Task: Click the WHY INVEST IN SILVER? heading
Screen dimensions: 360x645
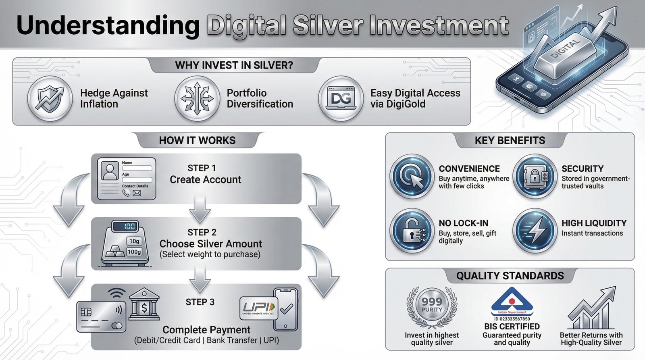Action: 234,65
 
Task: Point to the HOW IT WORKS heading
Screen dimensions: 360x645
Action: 197,140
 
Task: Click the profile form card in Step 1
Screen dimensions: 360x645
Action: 127,179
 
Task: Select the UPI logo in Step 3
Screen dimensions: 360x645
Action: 258,308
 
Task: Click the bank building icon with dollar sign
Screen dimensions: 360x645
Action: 144,305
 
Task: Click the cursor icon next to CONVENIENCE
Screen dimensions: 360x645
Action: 412,176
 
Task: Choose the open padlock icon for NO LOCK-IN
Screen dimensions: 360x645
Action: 412,231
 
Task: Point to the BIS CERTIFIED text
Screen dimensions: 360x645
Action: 512,327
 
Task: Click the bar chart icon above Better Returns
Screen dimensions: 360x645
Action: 591,308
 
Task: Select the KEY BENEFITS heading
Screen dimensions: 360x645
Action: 510,140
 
